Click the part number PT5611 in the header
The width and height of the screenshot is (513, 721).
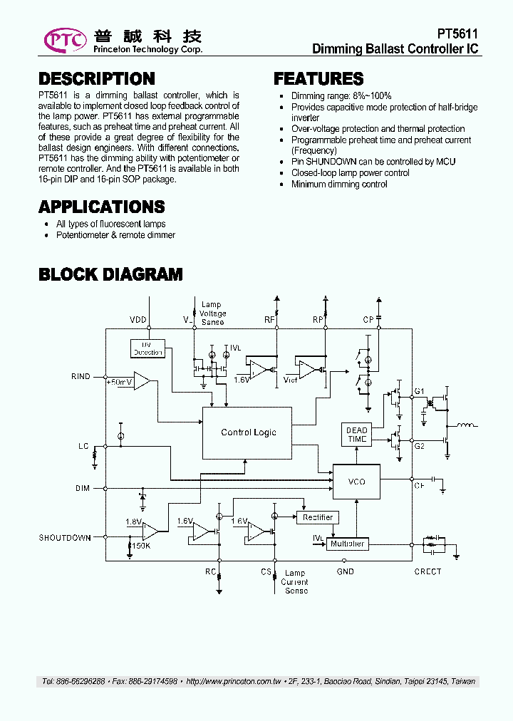(x=457, y=34)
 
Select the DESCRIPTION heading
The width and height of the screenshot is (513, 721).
(x=96, y=78)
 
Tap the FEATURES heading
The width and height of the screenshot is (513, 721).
(x=318, y=78)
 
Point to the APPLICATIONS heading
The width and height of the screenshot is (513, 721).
(x=102, y=207)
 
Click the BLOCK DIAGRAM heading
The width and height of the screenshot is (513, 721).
(x=110, y=274)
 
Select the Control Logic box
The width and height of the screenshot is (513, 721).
(x=247, y=432)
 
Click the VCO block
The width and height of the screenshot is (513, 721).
(x=356, y=482)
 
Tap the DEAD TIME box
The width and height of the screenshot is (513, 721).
(x=356, y=435)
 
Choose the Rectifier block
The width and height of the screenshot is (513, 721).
(x=317, y=517)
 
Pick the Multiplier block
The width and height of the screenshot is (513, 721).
(x=347, y=544)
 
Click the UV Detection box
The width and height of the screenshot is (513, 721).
(x=147, y=348)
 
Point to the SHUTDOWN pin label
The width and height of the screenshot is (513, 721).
(x=65, y=538)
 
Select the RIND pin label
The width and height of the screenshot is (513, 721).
(x=81, y=376)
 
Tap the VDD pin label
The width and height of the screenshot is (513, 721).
(x=138, y=320)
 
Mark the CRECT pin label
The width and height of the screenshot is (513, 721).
(x=427, y=571)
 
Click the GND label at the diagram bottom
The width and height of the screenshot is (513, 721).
(x=346, y=571)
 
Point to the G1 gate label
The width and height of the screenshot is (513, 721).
(x=419, y=391)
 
